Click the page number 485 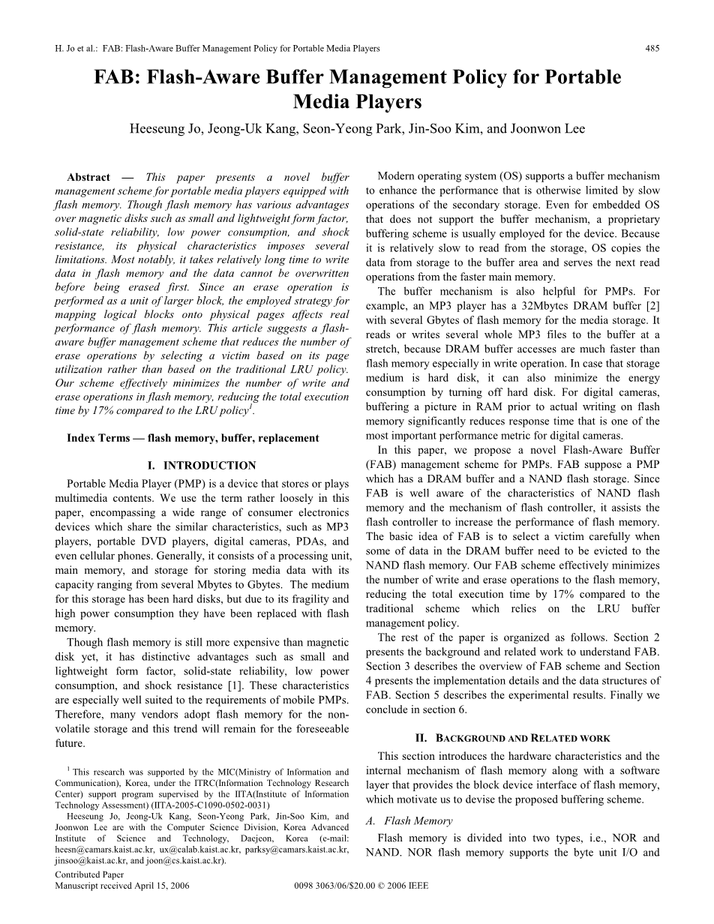click(652, 49)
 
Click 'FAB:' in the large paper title click(120, 78)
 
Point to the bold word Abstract click(88, 178)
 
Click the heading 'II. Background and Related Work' click(512, 738)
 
